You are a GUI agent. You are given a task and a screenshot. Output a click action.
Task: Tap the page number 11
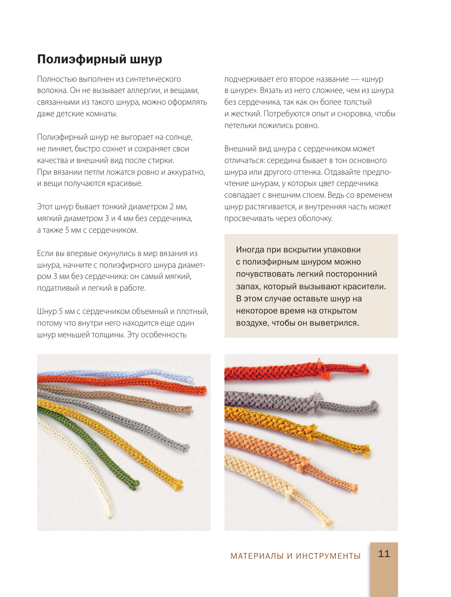pos(384,554)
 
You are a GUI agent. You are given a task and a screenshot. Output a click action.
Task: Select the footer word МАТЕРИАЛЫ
pos(257,556)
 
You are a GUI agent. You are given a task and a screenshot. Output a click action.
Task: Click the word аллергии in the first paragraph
pos(143,91)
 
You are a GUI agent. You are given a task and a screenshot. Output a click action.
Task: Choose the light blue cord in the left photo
pos(135,374)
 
